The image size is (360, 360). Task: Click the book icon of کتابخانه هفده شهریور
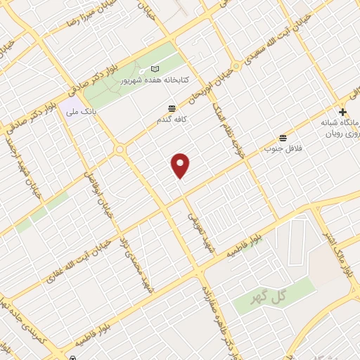pos(155,70)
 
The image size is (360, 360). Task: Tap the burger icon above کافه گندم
pos(172,108)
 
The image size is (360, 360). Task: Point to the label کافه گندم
pos(172,120)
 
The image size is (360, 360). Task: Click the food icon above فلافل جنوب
pos(283,136)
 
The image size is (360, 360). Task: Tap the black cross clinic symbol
pos(342,112)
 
